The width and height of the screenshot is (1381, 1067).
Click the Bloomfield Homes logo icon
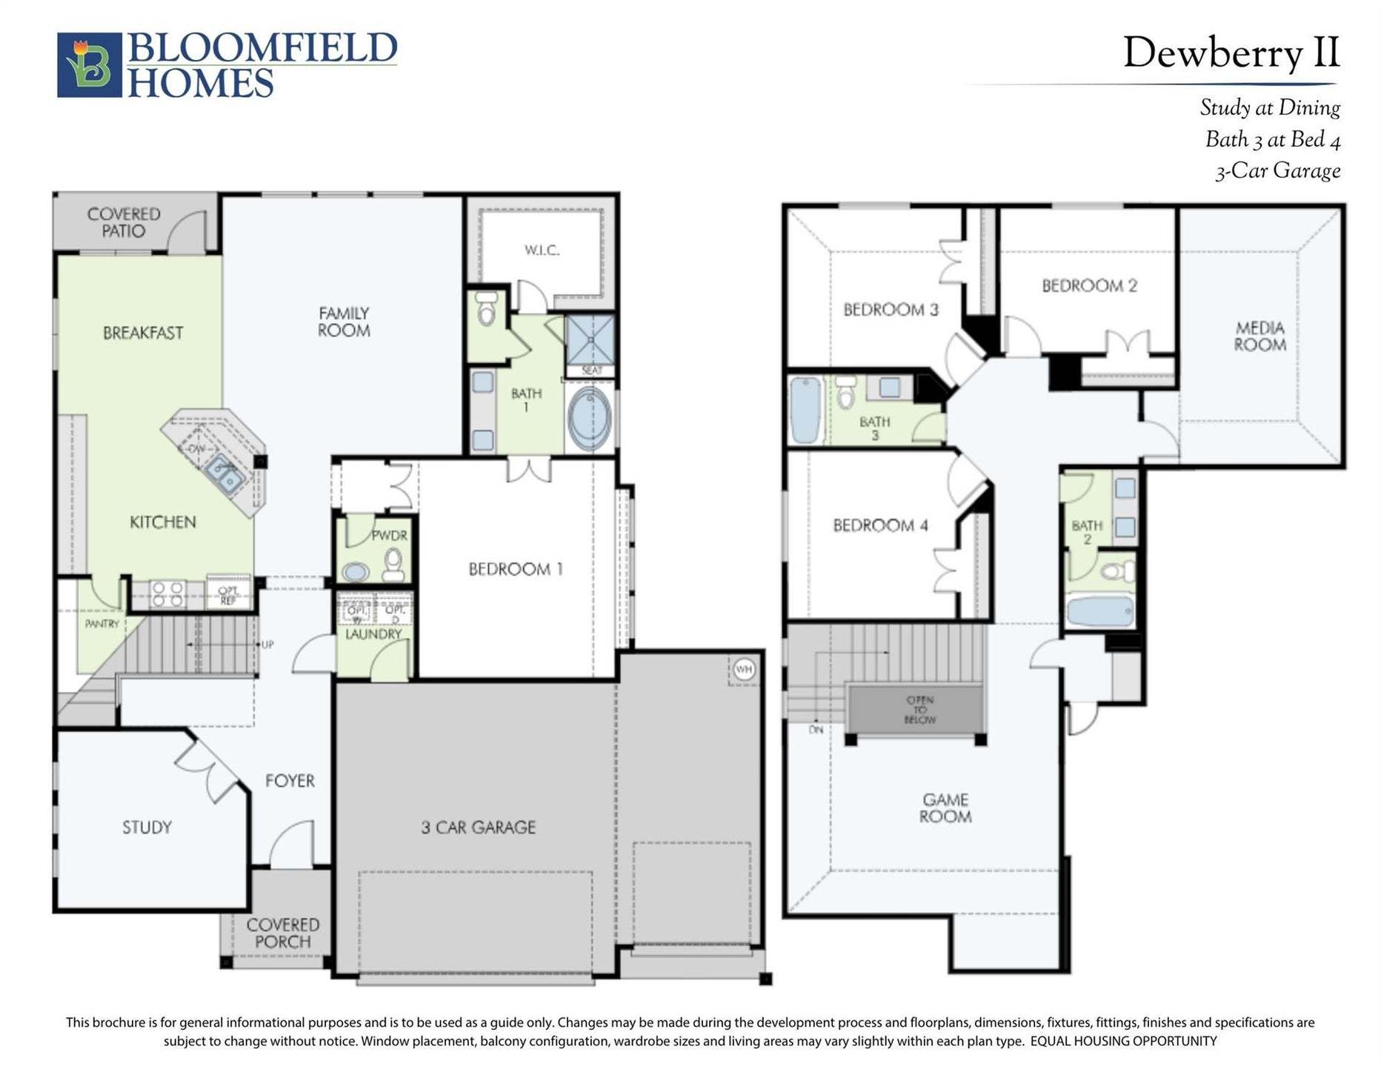89,65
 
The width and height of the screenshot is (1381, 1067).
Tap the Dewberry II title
1231,53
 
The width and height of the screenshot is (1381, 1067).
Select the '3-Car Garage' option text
1277,171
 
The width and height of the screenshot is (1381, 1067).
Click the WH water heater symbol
744,670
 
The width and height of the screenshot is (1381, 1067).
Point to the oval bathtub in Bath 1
590,418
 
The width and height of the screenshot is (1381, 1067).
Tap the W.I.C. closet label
542,250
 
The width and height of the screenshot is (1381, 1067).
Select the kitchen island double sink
224,473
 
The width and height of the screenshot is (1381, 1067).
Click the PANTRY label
102,624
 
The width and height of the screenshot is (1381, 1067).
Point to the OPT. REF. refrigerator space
228,594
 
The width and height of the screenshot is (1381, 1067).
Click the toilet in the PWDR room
393,564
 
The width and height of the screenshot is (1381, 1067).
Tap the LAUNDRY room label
373,634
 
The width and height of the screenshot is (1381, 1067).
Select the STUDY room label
147,827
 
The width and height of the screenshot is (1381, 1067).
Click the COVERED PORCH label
282,934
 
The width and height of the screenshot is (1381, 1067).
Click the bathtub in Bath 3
805,410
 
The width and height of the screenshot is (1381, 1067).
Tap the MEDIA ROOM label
1259,336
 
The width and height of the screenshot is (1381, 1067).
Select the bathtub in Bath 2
1099,612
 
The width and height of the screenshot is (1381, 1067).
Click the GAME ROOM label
945,808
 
